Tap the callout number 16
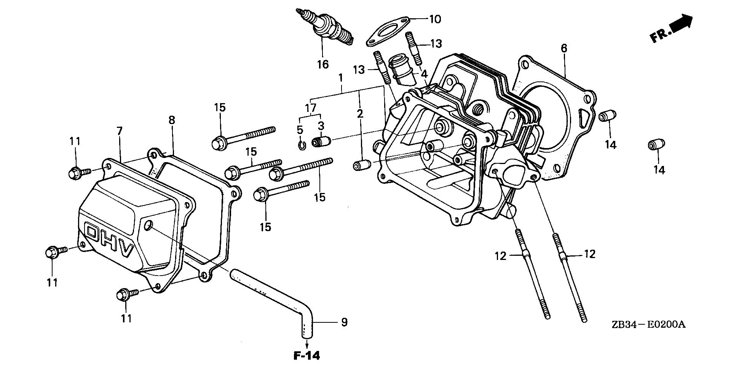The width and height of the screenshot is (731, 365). [322, 64]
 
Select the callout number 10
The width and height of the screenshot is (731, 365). [435, 19]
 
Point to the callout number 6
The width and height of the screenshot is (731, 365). [564, 48]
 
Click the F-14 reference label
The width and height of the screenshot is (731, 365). [306, 356]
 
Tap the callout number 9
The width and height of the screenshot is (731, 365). [344, 322]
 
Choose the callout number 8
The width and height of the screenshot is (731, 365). [172, 120]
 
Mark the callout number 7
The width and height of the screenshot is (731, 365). [120, 131]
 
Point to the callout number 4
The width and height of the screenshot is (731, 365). [424, 73]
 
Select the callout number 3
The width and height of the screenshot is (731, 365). [321, 125]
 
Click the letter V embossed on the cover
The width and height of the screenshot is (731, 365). [126, 250]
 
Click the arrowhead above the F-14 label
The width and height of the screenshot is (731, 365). [306, 347]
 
